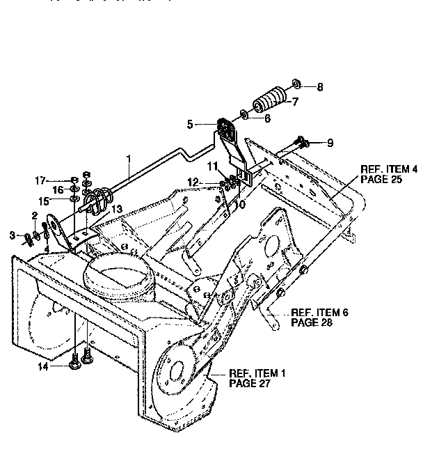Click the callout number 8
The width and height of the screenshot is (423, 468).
point(320,88)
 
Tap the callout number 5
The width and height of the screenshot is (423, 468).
point(190,125)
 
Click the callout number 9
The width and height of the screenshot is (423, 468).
point(330,143)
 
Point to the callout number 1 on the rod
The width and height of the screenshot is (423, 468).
point(129,159)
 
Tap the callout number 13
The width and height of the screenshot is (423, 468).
point(116,209)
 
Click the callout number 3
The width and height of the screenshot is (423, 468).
point(12,237)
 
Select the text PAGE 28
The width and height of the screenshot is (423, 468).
point(312,323)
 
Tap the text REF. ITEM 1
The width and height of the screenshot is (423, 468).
point(257,373)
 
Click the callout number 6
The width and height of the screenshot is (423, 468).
point(267,118)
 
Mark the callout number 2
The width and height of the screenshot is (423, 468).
point(33,214)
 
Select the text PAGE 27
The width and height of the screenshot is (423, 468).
point(249,383)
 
